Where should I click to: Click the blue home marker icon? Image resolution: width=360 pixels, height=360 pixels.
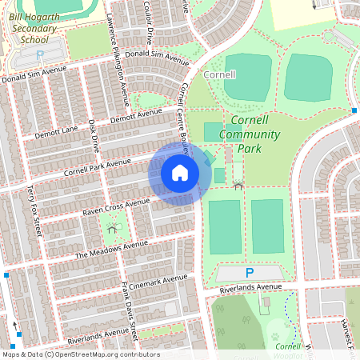(x=180, y=172)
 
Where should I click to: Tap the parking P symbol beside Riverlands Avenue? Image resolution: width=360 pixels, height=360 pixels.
(x=250, y=273)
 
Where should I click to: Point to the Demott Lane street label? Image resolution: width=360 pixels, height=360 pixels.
(x=56, y=132)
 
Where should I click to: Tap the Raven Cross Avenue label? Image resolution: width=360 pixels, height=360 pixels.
(x=116, y=207)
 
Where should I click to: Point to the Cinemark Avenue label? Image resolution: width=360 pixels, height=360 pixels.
(x=158, y=282)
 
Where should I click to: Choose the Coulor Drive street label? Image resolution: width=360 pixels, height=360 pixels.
(x=148, y=22)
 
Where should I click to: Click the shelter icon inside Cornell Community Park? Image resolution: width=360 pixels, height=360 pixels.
(x=238, y=186)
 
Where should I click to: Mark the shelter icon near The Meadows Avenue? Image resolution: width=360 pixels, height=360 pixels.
(x=111, y=229)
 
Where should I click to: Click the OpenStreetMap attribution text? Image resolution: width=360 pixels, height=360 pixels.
(x=81, y=354)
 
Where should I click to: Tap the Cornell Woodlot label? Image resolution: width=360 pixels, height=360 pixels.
(x=288, y=349)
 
